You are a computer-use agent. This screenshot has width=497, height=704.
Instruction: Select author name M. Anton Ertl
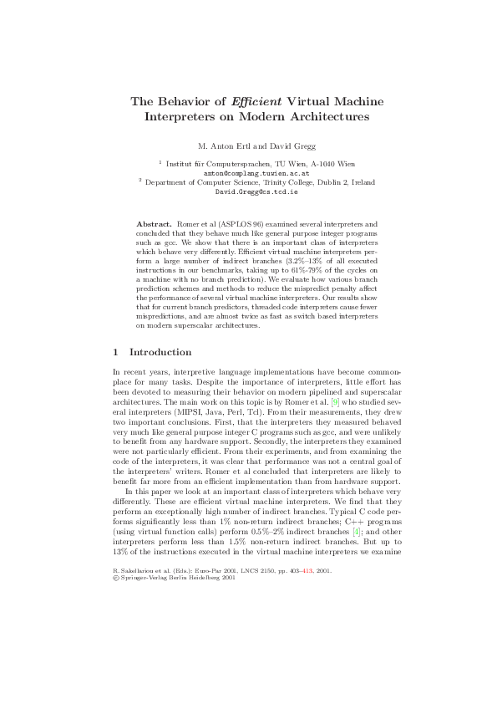pyautogui.click(x=223, y=147)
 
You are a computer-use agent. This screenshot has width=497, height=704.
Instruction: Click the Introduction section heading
pyautogui.click(x=160, y=352)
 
